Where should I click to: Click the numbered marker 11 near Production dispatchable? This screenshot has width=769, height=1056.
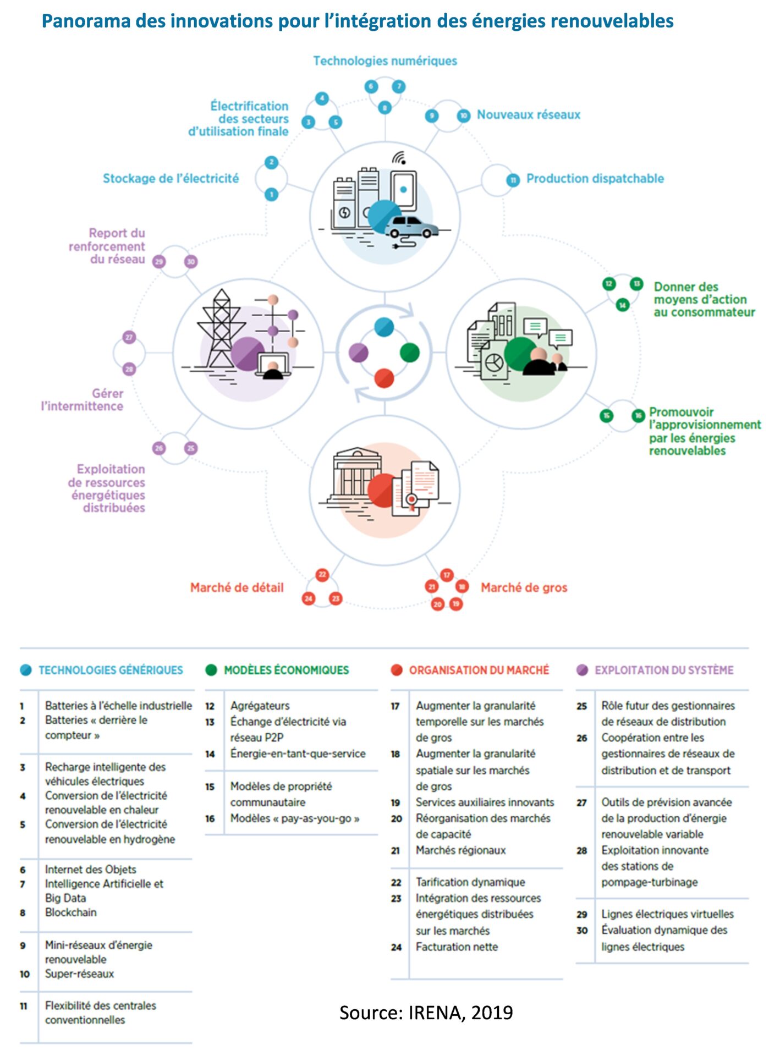coord(513,180)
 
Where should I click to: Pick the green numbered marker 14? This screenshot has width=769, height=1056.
coord(622,305)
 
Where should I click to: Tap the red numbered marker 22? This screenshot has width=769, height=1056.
coord(322,575)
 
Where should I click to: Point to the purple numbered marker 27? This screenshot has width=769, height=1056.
coord(129,337)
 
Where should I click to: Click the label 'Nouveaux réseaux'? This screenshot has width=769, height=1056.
coord(528,114)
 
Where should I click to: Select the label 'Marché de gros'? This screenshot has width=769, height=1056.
coord(524,587)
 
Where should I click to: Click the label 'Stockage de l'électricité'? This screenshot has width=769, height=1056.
coord(171,178)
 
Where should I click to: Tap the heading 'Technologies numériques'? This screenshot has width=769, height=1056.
coord(384,61)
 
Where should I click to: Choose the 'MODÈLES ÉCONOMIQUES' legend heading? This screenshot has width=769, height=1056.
coord(286,670)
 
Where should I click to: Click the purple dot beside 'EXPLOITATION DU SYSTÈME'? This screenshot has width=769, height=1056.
coord(582,670)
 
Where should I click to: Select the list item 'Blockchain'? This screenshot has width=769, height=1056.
coord(70,912)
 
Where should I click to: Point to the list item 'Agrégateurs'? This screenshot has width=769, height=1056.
coord(260,705)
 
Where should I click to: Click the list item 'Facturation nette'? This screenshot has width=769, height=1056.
coord(457,947)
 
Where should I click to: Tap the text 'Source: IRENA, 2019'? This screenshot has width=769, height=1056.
coord(426,1013)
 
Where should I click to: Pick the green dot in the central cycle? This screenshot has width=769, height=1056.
coord(409,353)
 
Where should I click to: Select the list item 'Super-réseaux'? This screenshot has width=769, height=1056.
coord(79,974)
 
